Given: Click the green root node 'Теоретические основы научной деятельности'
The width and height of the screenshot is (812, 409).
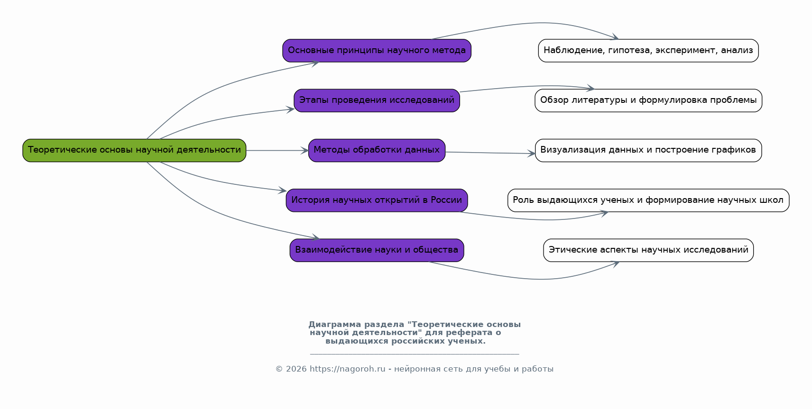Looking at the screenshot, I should [x=134, y=150].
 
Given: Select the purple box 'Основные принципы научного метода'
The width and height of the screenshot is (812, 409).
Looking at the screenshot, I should [x=377, y=51].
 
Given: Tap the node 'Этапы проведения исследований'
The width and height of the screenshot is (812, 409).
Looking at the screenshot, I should [x=377, y=100].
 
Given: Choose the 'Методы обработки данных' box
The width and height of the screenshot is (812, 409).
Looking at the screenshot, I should [x=377, y=150].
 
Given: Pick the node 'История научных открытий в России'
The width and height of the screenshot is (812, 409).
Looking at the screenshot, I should [x=377, y=200].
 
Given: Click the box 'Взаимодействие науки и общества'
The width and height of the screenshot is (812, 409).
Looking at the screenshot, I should [x=377, y=250].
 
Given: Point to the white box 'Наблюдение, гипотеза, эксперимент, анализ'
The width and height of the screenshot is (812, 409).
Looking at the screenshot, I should [x=648, y=51].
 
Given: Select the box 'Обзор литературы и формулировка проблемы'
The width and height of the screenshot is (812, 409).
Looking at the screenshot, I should [x=648, y=100].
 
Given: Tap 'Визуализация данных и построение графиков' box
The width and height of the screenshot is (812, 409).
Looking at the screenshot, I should [x=648, y=150].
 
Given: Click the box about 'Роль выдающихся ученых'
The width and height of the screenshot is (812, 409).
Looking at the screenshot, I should [x=648, y=200].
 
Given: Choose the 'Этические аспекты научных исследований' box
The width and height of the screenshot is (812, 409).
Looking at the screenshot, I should [x=648, y=250].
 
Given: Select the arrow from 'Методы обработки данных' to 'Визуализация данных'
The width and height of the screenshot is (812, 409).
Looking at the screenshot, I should [x=489, y=153].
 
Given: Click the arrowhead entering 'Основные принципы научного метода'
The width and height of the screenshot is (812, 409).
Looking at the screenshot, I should [x=315, y=63].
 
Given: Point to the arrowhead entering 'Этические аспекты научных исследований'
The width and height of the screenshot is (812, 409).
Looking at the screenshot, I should [x=616, y=264].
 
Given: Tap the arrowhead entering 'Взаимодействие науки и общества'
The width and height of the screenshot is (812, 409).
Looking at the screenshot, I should [x=315, y=237].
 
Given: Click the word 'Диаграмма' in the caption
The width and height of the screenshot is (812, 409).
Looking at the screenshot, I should [x=334, y=325].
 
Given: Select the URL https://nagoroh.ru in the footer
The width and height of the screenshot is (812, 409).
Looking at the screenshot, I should [x=347, y=369].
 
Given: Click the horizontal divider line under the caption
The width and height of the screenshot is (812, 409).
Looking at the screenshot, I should [x=414, y=354].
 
